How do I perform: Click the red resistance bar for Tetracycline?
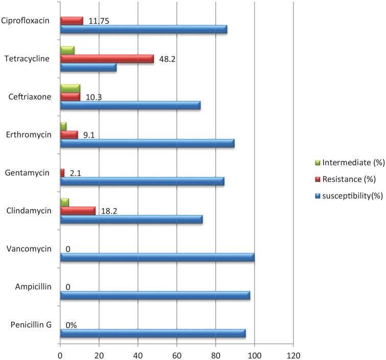107,59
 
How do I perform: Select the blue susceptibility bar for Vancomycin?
157,257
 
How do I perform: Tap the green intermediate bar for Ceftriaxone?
70,88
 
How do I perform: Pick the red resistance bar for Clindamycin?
78,211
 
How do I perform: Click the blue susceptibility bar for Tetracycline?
88,67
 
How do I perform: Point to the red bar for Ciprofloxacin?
72,21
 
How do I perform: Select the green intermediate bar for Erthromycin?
63,126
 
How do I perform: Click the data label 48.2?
167,59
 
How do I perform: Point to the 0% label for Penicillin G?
71,325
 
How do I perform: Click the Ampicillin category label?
34,287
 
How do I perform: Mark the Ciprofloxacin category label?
28,21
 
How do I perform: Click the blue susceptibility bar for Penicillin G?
153,333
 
